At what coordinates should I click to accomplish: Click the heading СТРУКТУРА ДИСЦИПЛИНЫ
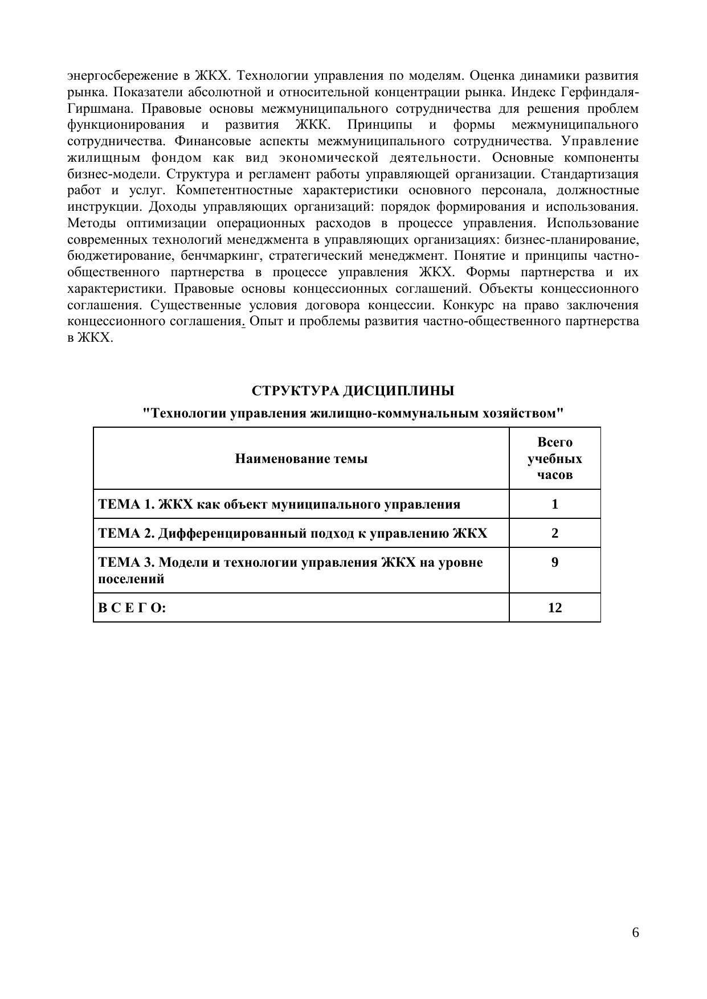point(353,391)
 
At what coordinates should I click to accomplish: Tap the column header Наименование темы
point(301,458)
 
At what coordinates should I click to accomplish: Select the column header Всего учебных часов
point(554,458)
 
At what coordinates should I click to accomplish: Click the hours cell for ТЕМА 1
point(554,504)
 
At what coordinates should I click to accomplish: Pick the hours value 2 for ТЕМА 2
point(554,533)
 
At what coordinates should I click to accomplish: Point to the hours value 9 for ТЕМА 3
point(554,563)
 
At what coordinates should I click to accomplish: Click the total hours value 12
point(554,608)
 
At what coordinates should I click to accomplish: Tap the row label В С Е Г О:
point(132,608)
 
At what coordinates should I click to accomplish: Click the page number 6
point(635,932)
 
